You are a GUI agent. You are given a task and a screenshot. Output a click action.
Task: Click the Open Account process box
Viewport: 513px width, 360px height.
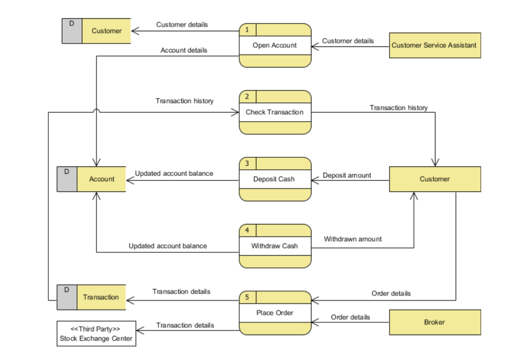tap(275, 46)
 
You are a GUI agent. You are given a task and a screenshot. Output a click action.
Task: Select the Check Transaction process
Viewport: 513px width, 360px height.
tap(275, 112)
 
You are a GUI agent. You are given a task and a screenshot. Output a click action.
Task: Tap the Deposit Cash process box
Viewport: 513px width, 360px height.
tap(275, 179)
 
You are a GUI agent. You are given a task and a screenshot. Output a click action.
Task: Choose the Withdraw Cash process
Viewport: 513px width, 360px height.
tap(275, 246)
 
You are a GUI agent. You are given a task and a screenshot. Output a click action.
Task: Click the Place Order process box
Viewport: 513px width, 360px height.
tap(275, 313)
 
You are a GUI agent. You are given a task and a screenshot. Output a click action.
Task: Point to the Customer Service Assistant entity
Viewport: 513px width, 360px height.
tap(434, 46)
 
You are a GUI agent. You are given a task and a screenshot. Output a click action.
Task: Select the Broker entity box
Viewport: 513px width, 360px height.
tap(434, 322)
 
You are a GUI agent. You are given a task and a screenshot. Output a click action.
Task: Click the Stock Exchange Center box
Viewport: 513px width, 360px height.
tap(96, 334)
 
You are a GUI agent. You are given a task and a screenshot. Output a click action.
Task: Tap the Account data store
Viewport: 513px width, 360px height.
tap(101, 179)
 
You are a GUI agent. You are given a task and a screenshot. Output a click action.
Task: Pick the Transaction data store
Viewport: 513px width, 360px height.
tap(101, 297)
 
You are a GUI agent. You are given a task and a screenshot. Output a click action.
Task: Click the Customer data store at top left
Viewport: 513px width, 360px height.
tap(106, 31)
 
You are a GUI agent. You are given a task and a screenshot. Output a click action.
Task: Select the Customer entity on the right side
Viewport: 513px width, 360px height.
tap(434, 179)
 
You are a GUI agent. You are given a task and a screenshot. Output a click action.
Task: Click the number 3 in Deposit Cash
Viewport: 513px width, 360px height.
tap(247, 163)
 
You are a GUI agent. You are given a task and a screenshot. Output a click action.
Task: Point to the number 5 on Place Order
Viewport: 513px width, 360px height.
tap(247, 297)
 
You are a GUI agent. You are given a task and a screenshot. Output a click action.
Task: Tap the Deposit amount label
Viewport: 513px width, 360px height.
tap(347, 175)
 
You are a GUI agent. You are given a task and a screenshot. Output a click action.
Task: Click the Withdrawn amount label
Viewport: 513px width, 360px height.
tap(352, 239)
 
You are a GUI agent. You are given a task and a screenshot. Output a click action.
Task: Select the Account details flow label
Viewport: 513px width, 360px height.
tap(184, 50)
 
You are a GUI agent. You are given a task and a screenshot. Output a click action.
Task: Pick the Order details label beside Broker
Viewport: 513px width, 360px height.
tap(350, 317)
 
